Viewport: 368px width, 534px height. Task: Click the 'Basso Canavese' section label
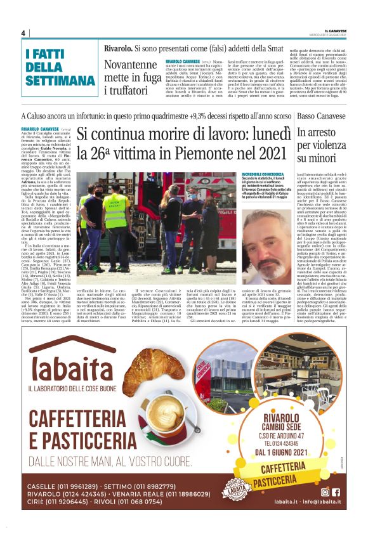pos(322,117)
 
